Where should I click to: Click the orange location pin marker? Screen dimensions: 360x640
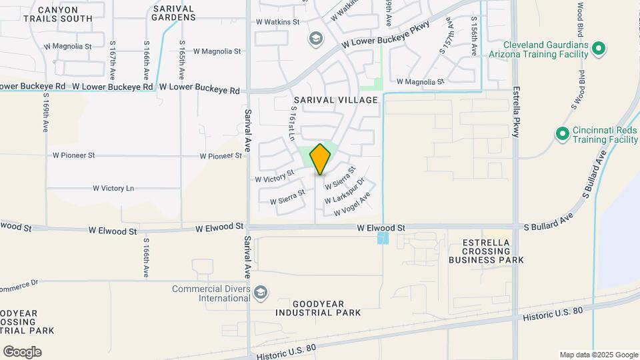pyautogui.click(x=321, y=158)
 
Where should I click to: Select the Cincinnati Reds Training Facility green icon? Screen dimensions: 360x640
pyautogui.click(x=562, y=134)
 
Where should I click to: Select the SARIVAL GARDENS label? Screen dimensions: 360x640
pyautogui.click(x=173, y=13)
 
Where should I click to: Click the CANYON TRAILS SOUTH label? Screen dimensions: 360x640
pyautogui.click(x=58, y=14)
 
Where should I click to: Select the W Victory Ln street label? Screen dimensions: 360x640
pyautogui.click(x=113, y=189)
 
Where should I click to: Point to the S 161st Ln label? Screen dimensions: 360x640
pyautogui.click(x=292, y=123)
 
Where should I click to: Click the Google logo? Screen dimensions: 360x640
pyautogui.click(x=22, y=352)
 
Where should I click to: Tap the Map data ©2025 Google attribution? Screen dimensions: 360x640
pyautogui.click(x=599, y=355)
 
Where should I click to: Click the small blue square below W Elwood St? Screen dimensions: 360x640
pyautogui.click(x=383, y=238)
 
